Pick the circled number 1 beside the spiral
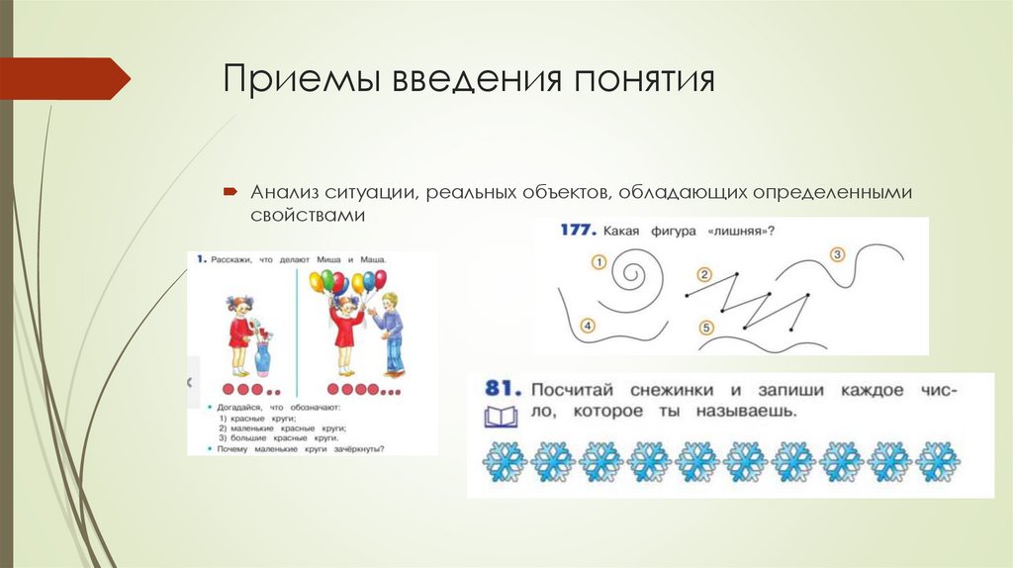click(598, 262)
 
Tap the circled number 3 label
click(837, 255)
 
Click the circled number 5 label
click(705, 327)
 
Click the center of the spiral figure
click(633, 271)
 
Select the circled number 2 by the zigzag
click(704, 274)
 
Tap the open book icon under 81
click(500, 416)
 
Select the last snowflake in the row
click(936, 460)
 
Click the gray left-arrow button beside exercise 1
click(193, 382)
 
